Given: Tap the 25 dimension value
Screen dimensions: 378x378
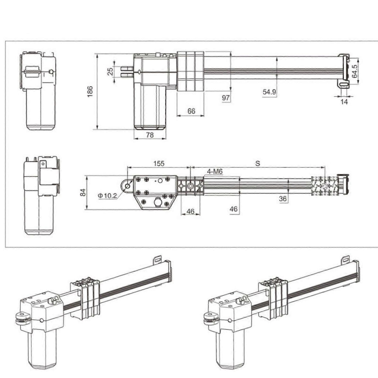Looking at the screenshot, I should pos(110,71).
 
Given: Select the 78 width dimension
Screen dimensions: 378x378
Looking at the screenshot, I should pos(150,135).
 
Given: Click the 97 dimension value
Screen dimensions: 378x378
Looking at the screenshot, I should pos(226,97).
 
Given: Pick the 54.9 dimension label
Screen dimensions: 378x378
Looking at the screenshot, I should pos(269,92).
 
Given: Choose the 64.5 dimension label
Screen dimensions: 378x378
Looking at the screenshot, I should pos(354,71).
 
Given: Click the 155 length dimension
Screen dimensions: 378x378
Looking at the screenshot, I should pos(159,163).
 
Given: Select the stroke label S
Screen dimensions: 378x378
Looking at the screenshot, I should pos(257,163).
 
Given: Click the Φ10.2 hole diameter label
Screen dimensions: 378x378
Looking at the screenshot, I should pos(108,196).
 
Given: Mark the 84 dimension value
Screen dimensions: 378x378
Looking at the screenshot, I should pos(83,192).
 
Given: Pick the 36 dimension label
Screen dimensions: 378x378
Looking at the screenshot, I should pos(283,198).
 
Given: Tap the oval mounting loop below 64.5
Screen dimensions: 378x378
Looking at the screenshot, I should pos(344,85).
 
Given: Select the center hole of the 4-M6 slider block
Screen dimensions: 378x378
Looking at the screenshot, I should pos(190,186).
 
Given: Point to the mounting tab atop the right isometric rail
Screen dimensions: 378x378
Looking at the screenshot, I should pos(346,259).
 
